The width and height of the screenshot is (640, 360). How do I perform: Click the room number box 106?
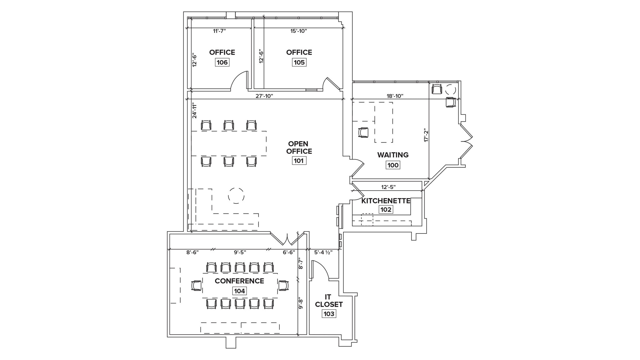222,62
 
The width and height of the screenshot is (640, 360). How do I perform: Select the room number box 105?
299,62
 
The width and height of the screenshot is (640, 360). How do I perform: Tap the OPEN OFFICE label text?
299,147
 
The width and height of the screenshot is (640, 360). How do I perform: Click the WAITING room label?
393,155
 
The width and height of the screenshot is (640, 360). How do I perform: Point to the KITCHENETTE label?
386,201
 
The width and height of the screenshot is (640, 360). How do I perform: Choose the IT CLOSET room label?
329,300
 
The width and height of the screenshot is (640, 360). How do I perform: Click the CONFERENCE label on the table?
239,281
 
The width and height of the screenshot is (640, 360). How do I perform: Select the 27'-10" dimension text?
264,96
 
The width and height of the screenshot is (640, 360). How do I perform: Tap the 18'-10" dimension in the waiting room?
395,96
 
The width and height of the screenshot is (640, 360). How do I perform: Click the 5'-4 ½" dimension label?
323,252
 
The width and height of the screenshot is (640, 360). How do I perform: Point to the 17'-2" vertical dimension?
425,135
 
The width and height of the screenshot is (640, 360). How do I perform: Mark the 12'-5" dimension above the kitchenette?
388,187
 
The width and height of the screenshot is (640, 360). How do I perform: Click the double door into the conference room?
287,239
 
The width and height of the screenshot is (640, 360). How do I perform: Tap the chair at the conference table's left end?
196,286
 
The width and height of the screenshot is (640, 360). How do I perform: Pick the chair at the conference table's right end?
283,286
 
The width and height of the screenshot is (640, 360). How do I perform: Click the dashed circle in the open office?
236,196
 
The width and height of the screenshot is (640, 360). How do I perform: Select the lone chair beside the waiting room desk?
363,132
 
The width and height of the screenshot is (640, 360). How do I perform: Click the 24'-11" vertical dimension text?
194,110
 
